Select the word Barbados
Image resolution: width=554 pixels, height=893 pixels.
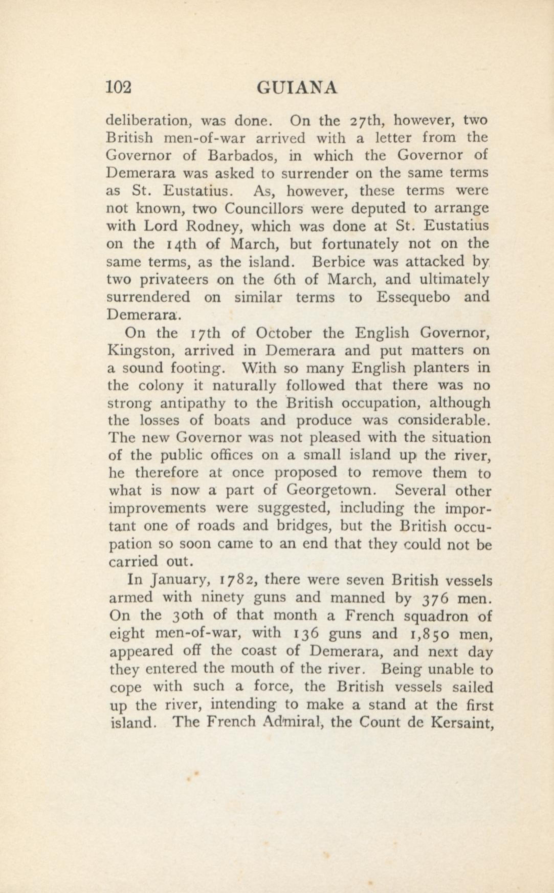(241, 155)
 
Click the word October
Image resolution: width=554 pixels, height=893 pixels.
(284, 333)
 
